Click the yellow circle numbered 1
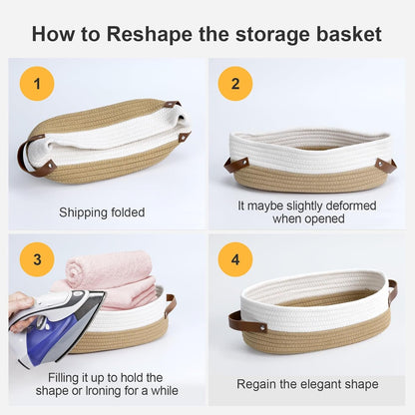click(x=37, y=84)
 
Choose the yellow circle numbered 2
click(x=235, y=84)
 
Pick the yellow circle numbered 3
click(x=37, y=261)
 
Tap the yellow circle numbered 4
click(x=235, y=262)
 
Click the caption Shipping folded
click(x=102, y=212)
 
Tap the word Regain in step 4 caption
click(x=257, y=384)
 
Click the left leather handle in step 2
click(x=236, y=164)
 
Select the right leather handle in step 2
click(x=385, y=164)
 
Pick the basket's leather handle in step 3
click(x=171, y=304)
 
